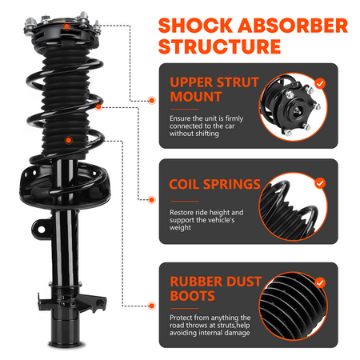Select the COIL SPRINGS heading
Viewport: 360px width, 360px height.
(x=215, y=185)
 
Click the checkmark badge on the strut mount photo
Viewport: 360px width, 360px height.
(x=320, y=82)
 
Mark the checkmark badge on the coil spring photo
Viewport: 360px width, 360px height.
(x=320, y=182)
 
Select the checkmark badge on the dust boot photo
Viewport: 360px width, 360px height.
(x=320, y=282)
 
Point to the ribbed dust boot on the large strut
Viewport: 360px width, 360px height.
(x=68, y=120)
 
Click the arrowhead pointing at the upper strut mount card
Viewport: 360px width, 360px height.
(x=152, y=101)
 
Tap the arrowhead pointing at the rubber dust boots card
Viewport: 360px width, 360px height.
(x=152, y=303)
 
